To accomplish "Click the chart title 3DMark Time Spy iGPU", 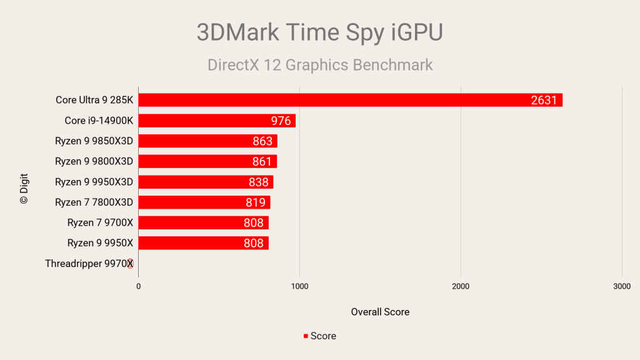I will pyautogui.click(x=319, y=32).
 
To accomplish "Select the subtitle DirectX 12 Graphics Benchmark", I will pyautogui.click(x=319, y=65).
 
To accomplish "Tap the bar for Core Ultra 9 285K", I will pyautogui.click(x=350, y=100).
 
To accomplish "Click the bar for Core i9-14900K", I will pyautogui.click(x=217, y=121).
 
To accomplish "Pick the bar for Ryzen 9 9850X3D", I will pyautogui.click(x=207, y=141).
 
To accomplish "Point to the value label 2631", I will pyautogui.click(x=543, y=100).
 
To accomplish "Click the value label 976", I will pyautogui.click(x=281, y=121).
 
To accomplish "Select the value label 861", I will pyautogui.click(x=262, y=162).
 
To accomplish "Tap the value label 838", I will pyautogui.click(x=258, y=182).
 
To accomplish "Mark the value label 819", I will pyautogui.click(x=256, y=202).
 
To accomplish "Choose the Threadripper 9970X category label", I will pyautogui.click(x=89, y=264).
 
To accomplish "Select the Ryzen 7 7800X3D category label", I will pyautogui.click(x=94, y=202).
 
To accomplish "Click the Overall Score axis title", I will pyautogui.click(x=380, y=312).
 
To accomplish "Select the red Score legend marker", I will pyautogui.click(x=306, y=336).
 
